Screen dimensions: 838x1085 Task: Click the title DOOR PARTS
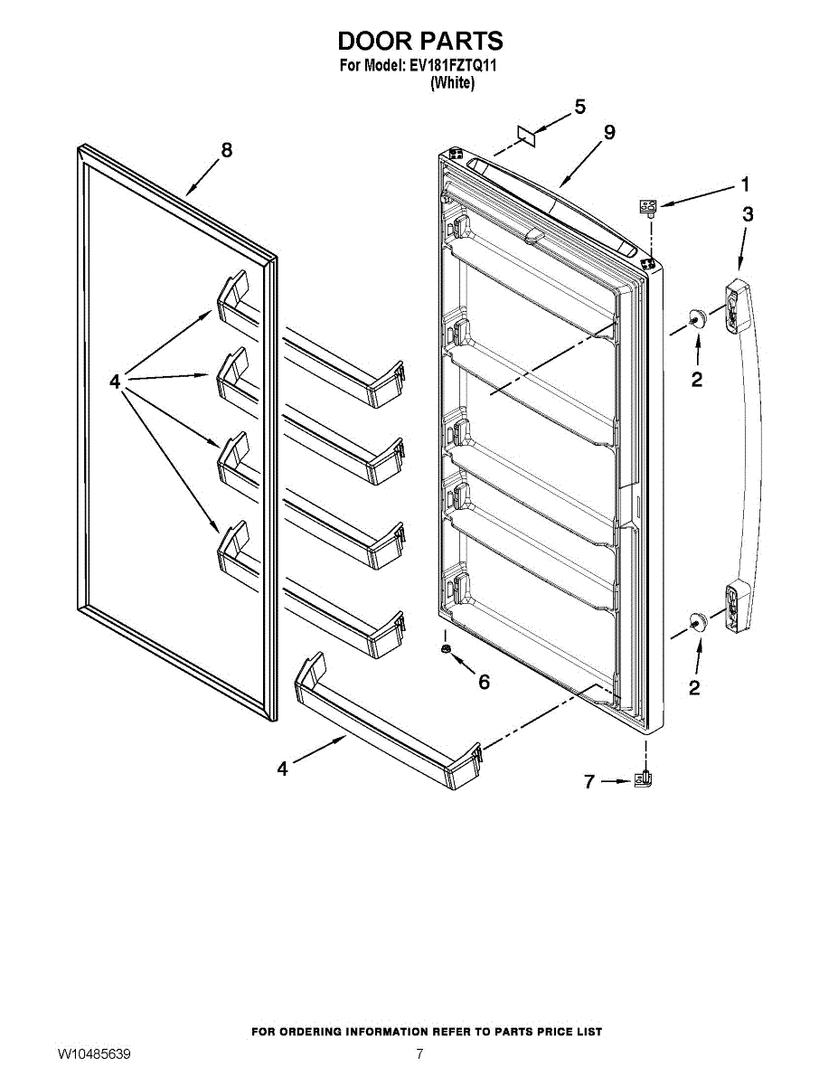click(x=419, y=41)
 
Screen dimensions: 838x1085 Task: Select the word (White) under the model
click(x=452, y=82)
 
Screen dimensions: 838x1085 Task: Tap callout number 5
click(x=579, y=107)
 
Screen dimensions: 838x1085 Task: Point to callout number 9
click(x=609, y=132)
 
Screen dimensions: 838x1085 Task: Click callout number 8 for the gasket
click(x=226, y=150)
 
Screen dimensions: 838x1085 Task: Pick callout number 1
click(x=745, y=184)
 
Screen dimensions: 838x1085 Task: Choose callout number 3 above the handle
click(x=748, y=214)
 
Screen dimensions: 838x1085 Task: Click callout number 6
click(x=484, y=682)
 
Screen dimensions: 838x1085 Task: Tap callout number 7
click(x=589, y=782)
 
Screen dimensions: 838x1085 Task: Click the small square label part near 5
click(x=526, y=136)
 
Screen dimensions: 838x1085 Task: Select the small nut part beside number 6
click(x=446, y=651)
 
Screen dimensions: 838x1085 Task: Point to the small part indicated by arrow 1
click(x=648, y=208)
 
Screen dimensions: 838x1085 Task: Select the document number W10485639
click(x=94, y=1054)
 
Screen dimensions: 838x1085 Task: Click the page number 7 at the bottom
click(x=419, y=1054)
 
